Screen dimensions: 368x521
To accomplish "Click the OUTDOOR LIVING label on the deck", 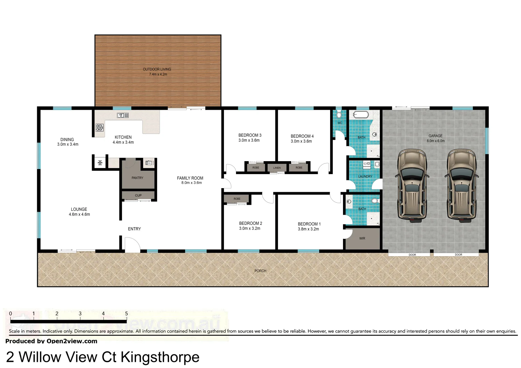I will coord(157,69).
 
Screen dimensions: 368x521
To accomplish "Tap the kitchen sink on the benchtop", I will coord(123,116).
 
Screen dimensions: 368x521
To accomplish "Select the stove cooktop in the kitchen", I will coord(99,128).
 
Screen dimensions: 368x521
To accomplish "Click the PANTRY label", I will coord(137,178).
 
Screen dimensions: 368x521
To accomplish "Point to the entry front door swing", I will coord(132,245).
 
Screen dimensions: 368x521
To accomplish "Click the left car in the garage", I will coord(412,186).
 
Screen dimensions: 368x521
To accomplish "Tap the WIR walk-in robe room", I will coord(362,239).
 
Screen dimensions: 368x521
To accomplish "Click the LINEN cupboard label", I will coord(277,168).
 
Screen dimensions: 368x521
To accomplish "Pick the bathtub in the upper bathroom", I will coord(360,114).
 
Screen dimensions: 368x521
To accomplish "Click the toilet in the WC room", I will coord(339,114).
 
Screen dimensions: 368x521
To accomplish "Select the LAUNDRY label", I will coord(365,177).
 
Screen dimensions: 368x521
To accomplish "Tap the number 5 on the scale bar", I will coord(126,313).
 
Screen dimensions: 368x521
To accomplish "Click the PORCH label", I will coord(260,271).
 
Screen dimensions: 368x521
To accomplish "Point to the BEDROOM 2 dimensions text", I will coord(250,229).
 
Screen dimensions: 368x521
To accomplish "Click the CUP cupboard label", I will coord(138,196).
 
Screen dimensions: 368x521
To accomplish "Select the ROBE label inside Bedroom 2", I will coord(237,199).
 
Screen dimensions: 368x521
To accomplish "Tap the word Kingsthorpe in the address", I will coord(160,357).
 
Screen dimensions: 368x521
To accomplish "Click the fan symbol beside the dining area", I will coord(100,163).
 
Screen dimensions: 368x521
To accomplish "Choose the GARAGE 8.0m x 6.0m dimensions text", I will coord(435,141).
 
